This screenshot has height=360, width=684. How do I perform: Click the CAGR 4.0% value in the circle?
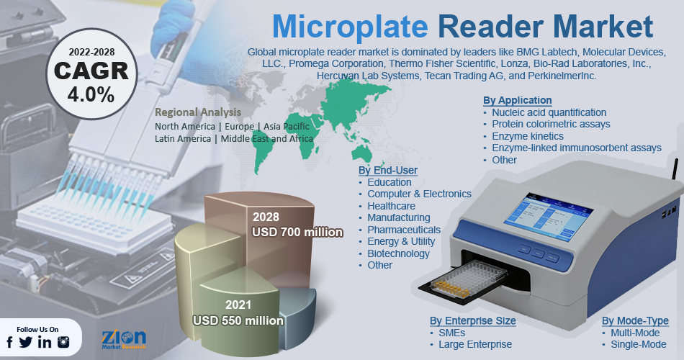click(91, 95)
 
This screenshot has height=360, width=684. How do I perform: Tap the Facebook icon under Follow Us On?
click(9, 343)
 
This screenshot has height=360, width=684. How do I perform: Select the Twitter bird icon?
click(26, 343)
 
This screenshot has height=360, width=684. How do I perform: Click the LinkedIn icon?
click(45, 343)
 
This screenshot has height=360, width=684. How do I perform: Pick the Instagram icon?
click(63, 342)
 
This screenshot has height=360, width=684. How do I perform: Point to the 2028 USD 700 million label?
click(297, 225)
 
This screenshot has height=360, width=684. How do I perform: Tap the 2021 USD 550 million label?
click(238, 313)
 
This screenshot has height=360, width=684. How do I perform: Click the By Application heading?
click(518, 100)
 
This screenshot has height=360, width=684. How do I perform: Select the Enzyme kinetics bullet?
click(527, 136)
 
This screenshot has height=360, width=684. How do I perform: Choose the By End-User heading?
click(388, 170)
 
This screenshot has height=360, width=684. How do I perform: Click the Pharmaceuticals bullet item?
click(403, 230)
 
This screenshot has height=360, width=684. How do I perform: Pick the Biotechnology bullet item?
click(398, 253)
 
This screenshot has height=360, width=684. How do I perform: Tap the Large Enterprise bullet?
click(475, 344)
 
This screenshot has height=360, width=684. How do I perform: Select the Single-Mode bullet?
click(638, 344)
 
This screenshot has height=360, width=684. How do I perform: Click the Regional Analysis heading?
click(198, 112)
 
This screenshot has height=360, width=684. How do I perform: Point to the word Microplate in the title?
click(351, 27)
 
